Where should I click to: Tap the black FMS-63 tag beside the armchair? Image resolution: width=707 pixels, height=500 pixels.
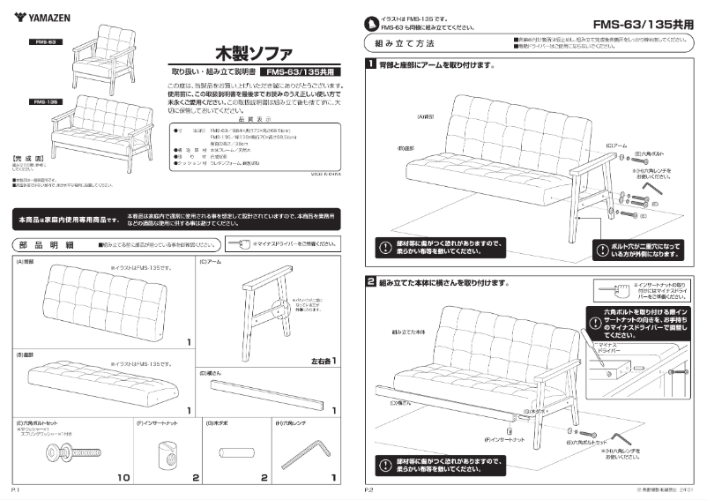coord(46,42)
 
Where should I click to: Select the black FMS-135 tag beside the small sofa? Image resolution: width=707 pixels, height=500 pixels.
coord(46,102)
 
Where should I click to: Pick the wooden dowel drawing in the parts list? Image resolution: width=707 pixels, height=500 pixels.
coord(233,453)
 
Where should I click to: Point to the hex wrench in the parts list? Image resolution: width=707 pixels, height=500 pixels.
coord(303,455)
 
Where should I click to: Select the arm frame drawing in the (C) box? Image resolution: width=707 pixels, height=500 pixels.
coord(264,305)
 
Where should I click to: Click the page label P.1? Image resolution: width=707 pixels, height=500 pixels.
coord(15,488)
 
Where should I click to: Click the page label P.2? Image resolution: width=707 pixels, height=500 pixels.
coord(371,488)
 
